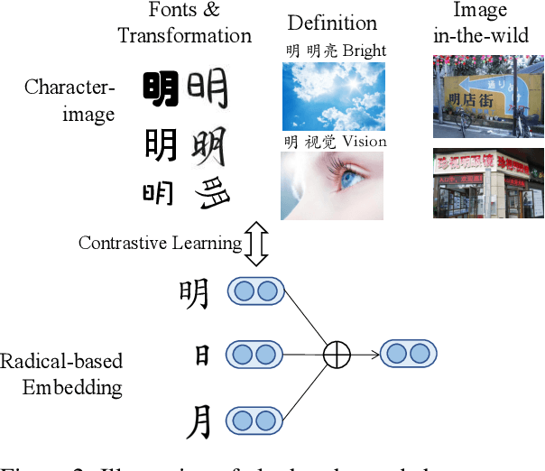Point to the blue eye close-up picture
click(331, 185)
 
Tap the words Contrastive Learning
click(160, 243)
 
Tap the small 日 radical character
click(202, 356)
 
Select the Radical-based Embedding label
click(61, 374)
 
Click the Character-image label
click(69, 100)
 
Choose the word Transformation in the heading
click(185, 36)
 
